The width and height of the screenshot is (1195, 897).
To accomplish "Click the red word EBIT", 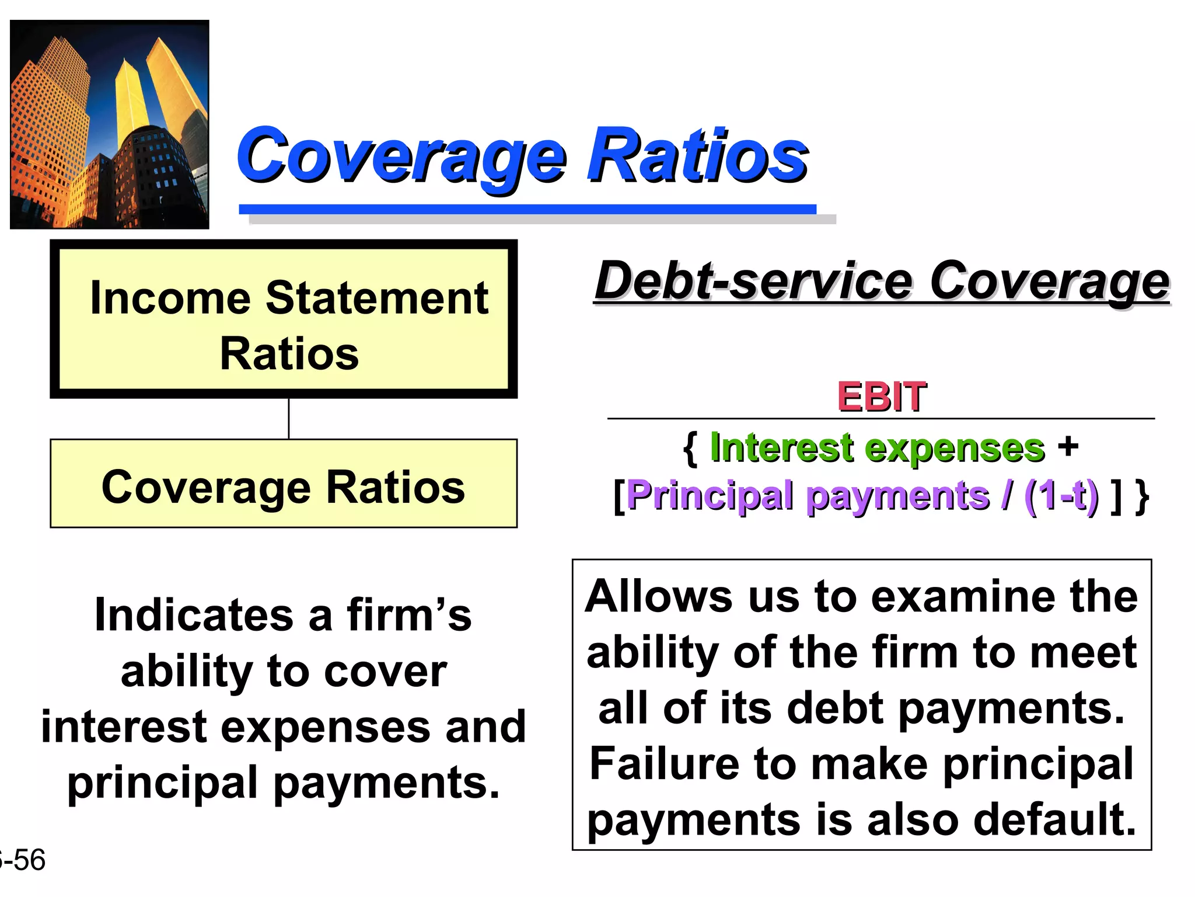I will click(881, 397).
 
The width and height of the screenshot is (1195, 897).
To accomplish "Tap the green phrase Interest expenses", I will click(877, 448).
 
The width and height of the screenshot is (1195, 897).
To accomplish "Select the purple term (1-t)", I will click(1061, 496).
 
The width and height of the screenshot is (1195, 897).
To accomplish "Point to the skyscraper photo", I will click(110, 124).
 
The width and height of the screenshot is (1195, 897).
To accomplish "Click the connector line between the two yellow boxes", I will click(289, 419).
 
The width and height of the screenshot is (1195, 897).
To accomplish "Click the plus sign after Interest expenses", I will click(1068, 447).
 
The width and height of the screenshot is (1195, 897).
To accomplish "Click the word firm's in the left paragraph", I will click(408, 616).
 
